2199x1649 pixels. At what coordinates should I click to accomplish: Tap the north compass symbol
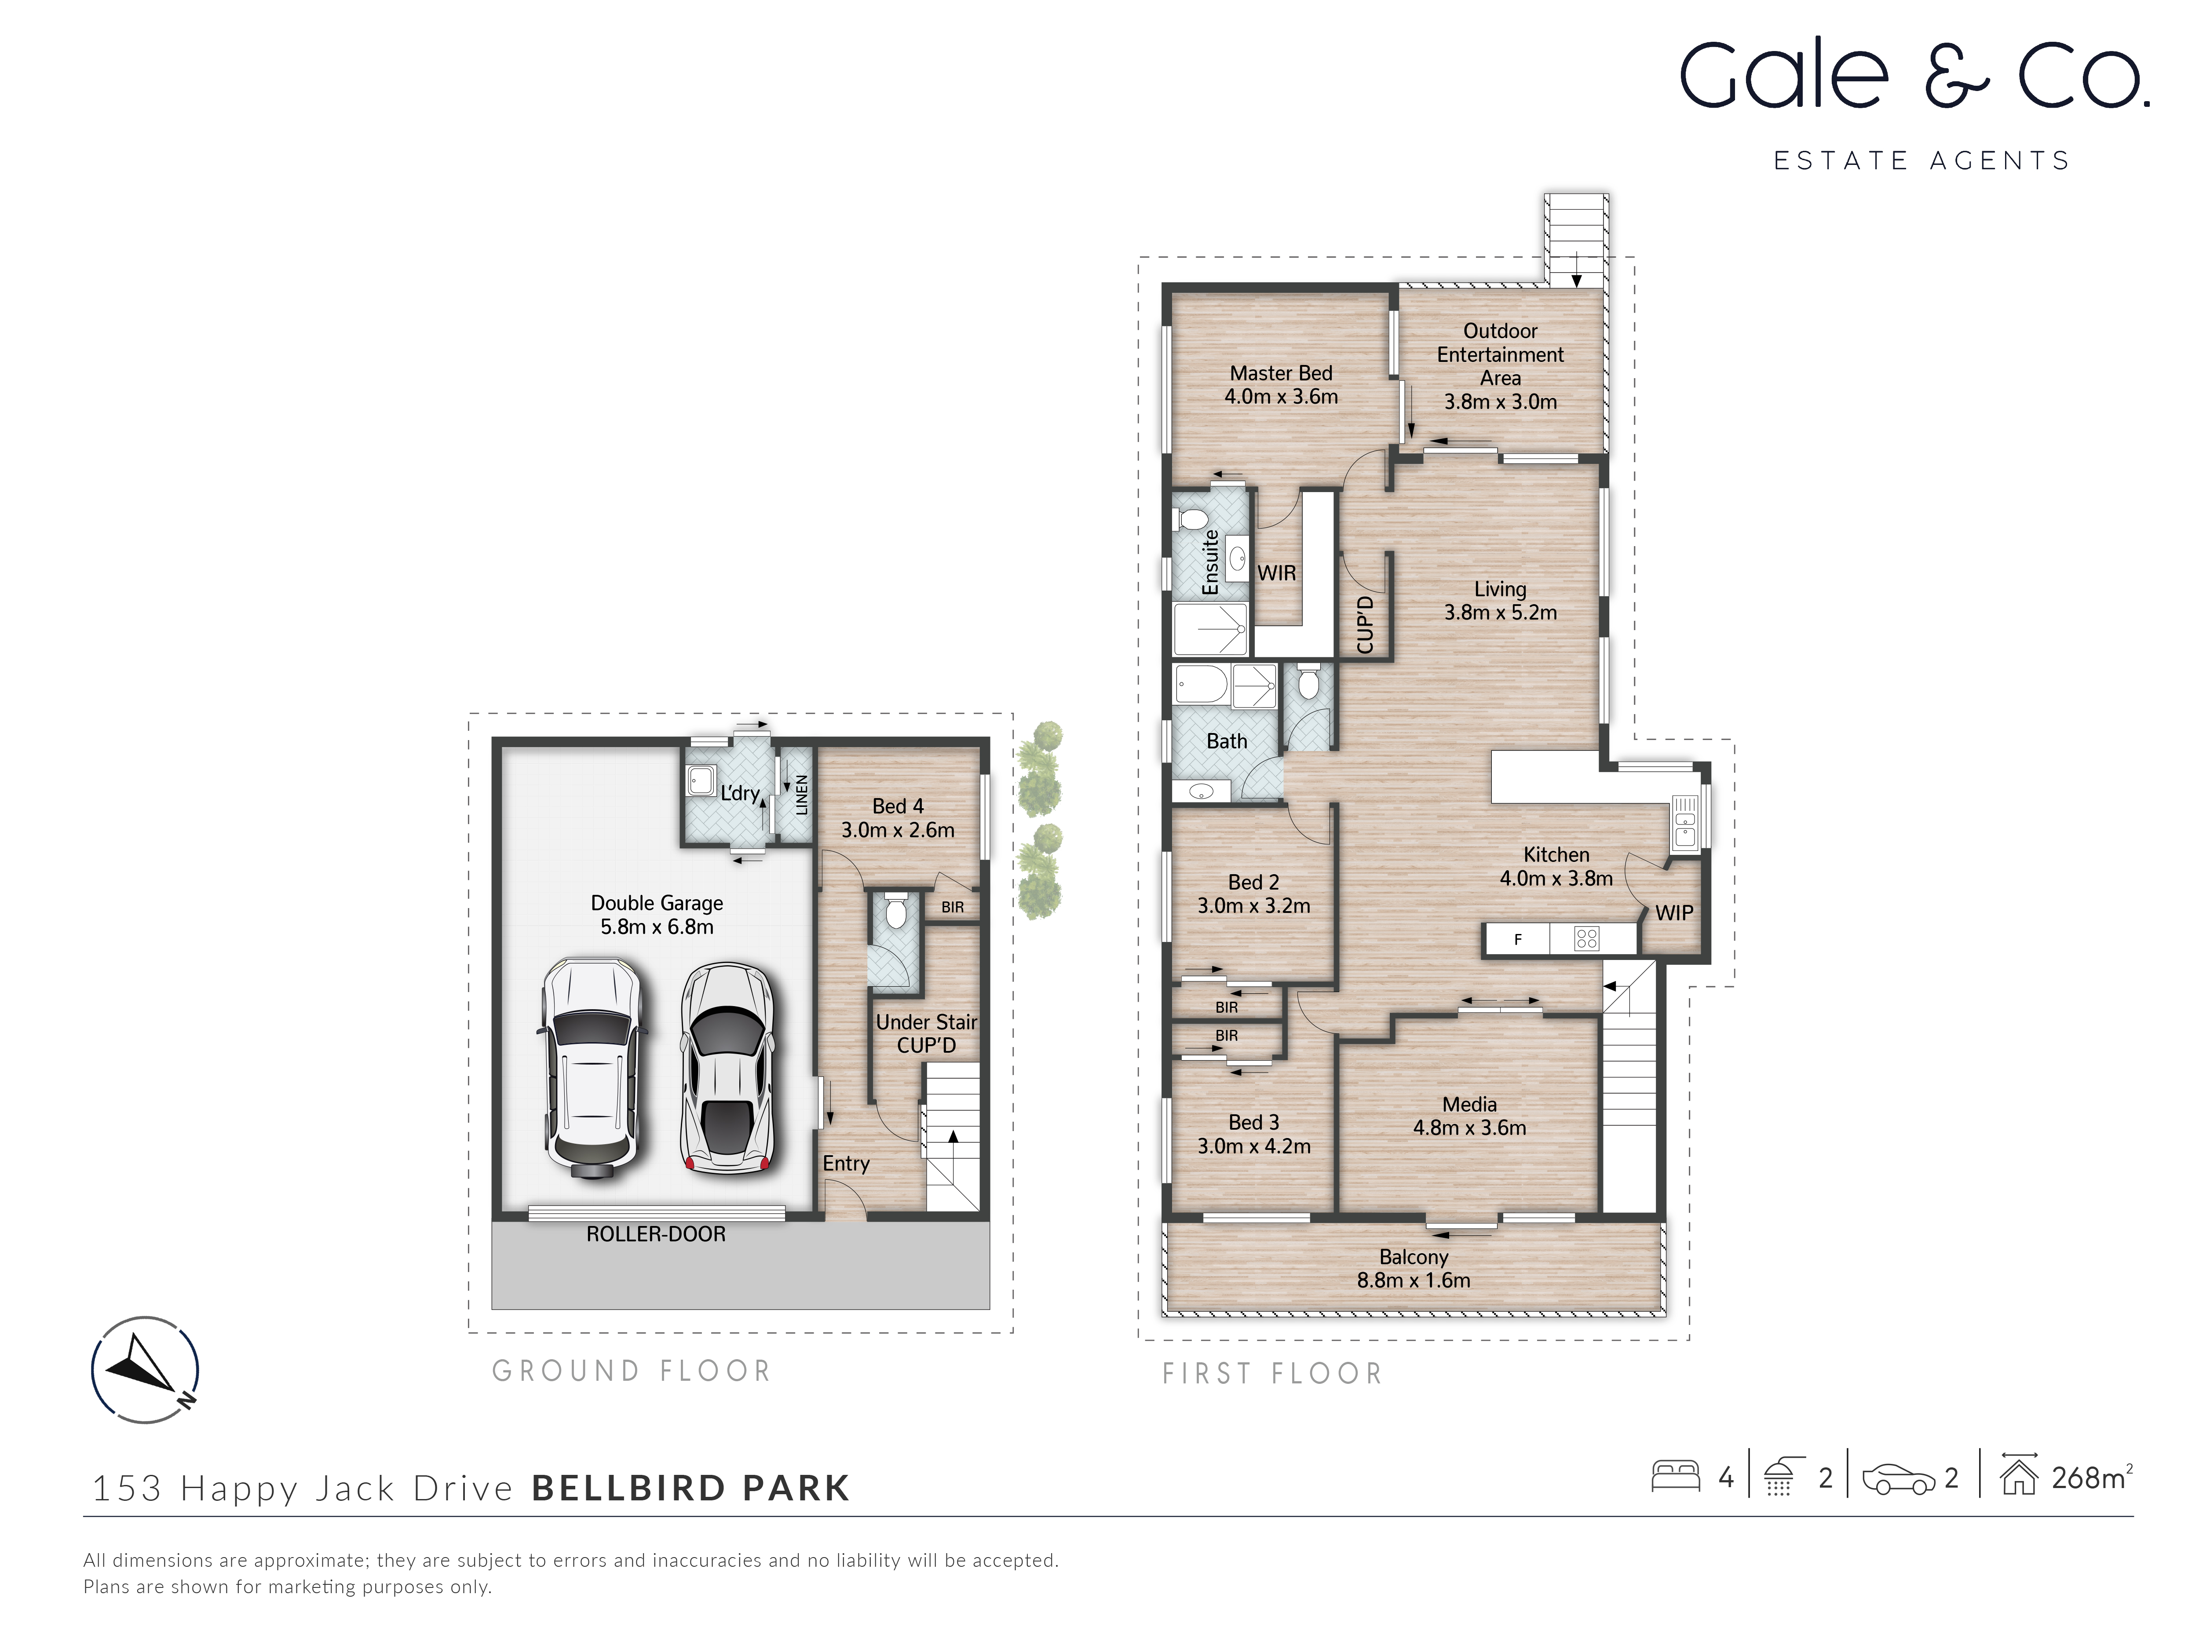click(145, 1370)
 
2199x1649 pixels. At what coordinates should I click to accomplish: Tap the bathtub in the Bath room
click(1201, 685)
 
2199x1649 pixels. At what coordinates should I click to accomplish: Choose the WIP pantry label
click(1674, 912)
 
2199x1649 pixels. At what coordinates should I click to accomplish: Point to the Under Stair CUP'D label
click(925, 1034)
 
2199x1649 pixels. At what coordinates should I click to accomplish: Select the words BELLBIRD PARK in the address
click(691, 1488)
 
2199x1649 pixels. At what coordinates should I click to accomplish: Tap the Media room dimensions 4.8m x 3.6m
click(1469, 1128)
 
